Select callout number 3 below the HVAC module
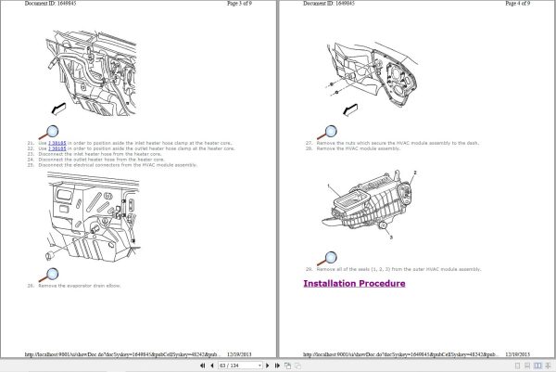(x=391, y=238)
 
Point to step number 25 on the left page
(x=31, y=164)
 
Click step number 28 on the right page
(x=308, y=148)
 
